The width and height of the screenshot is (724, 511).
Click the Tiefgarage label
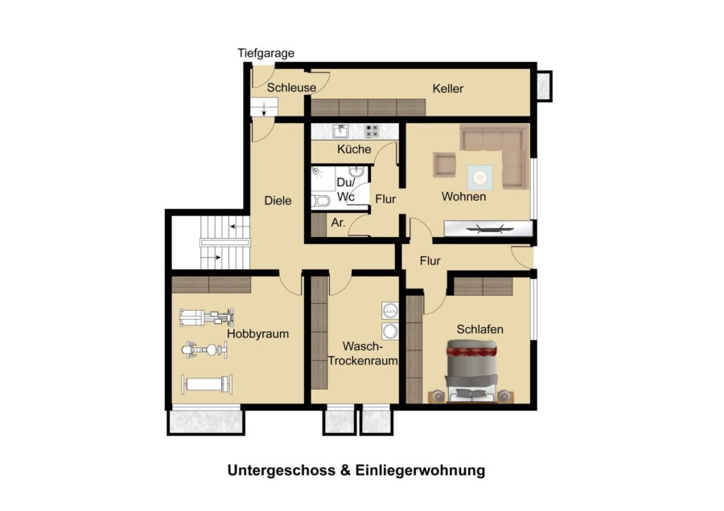(x=266, y=54)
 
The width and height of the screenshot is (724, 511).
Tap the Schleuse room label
(x=291, y=88)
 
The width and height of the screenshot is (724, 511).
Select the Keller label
(x=448, y=88)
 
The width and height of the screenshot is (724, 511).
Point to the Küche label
(x=354, y=149)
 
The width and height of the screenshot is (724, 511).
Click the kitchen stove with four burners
(x=372, y=132)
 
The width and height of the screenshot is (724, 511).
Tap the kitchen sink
(x=341, y=132)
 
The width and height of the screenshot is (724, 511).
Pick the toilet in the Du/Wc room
(x=320, y=201)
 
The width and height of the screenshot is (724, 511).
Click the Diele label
(x=278, y=201)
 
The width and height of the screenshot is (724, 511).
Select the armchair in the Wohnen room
(x=444, y=165)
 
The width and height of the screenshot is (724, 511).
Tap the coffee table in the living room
(x=479, y=178)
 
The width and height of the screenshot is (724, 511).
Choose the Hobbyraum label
(x=257, y=334)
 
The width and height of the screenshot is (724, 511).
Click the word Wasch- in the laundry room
(x=363, y=346)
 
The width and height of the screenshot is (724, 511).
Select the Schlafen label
(x=479, y=329)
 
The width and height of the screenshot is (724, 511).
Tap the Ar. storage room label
(x=338, y=223)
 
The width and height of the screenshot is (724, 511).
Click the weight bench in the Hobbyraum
(x=207, y=385)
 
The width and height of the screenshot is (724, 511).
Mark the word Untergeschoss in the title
(x=282, y=471)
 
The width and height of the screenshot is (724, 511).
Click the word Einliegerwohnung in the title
(x=420, y=471)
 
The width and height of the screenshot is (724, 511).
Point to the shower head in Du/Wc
(x=317, y=171)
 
